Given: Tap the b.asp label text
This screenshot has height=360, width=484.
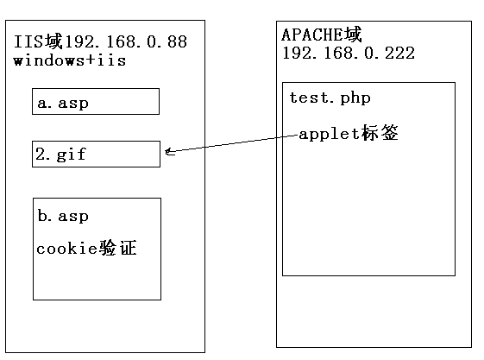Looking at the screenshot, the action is click(x=63, y=216).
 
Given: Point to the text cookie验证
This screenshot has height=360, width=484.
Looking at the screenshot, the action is click(x=86, y=248).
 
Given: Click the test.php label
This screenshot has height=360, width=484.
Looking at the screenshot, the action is click(x=330, y=98).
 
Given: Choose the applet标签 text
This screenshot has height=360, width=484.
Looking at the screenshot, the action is click(x=349, y=133).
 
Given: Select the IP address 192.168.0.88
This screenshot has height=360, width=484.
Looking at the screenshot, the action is click(x=126, y=41).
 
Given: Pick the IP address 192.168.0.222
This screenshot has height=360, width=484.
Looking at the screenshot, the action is click(x=349, y=54).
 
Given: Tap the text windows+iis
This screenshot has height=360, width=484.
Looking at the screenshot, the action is click(x=70, y=60).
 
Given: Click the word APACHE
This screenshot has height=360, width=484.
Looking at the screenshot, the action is click(x=312, y=35).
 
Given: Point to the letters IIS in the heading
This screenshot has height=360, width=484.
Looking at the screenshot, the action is click(x=28, y=41).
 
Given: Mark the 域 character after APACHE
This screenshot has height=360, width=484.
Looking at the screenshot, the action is click(x=353, y=35).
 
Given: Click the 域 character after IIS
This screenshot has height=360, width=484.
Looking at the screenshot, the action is click(x=53, y=41).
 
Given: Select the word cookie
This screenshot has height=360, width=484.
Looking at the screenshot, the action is click(x=66, y=249).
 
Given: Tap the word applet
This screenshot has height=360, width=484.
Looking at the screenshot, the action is click(x=330, y=135).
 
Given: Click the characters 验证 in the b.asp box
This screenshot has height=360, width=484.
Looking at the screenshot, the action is click(x=117, y=248).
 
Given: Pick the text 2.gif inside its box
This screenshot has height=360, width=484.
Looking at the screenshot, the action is click(x=60, y=154).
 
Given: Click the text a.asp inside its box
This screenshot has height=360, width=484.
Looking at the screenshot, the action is click(x=63, y=103).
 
